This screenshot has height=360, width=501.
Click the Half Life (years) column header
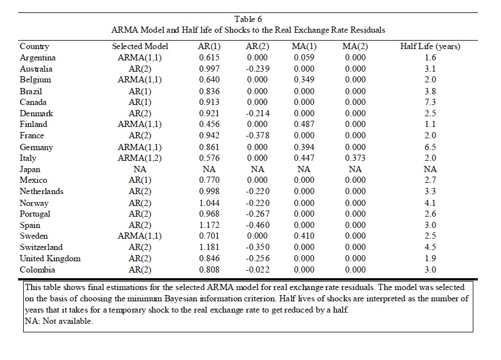430,47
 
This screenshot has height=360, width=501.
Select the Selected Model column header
140,46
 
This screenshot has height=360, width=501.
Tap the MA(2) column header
355,47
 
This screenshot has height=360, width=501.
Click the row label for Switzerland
41,247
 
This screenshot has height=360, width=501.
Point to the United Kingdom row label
50,258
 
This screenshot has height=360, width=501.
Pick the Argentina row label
38,58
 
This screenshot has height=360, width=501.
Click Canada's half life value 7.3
430,102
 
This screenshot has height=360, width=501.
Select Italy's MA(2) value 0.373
355,158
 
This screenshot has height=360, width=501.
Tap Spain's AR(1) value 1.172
209,225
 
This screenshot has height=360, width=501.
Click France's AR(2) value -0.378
257,135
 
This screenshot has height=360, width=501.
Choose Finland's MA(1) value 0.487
304,124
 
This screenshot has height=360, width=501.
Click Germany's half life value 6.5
430,147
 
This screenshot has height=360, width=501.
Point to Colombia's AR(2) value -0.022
257,270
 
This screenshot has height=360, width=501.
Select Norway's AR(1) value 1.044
209,203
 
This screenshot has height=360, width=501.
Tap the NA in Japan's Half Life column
430,169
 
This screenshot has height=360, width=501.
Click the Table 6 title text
248,19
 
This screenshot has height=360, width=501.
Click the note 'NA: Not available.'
59,321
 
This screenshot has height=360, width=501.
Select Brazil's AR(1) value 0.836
209,91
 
